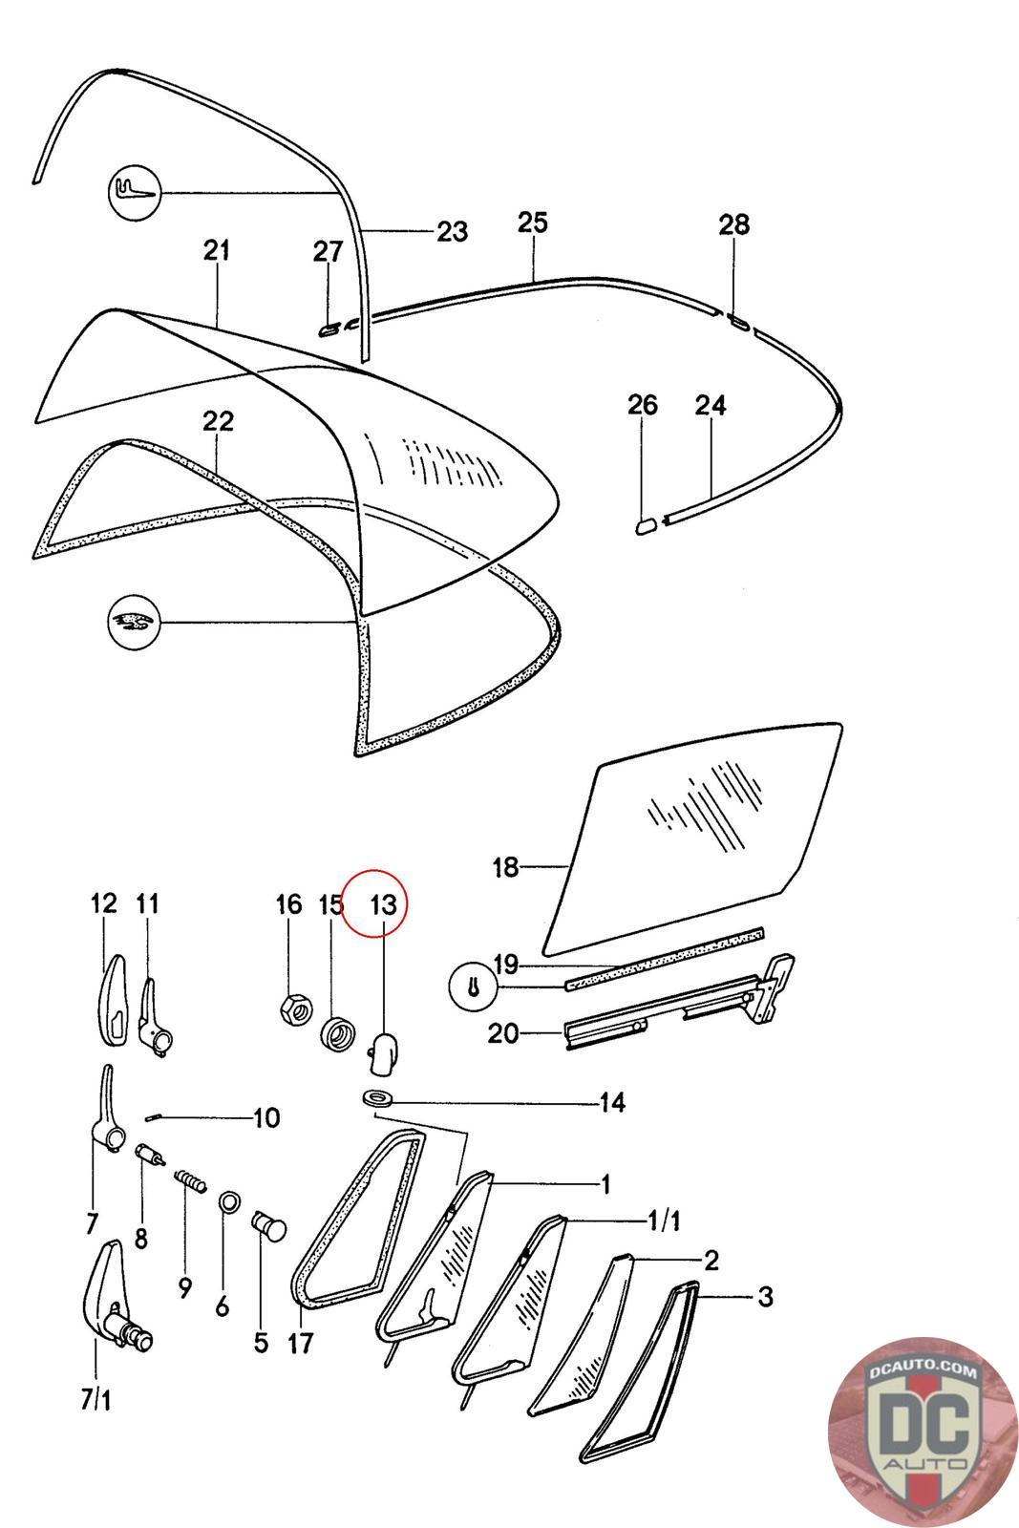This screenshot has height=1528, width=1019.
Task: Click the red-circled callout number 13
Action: click(382, 904)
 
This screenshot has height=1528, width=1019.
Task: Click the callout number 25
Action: click(532, 223)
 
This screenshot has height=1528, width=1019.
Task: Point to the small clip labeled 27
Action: click(328, 329)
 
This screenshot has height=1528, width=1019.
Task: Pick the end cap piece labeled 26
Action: click(645, 523)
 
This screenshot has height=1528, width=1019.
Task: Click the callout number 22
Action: click(218, 420)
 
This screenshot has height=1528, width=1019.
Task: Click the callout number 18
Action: click(505, 867)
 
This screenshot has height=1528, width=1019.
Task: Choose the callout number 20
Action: click(503, 1032)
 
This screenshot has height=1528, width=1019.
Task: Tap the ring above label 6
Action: click(229, 1200)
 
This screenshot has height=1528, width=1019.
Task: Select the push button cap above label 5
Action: click(268, 1224)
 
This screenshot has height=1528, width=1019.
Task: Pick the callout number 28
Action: click(733, 225)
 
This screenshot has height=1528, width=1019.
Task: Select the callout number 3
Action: click(764, 1297)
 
